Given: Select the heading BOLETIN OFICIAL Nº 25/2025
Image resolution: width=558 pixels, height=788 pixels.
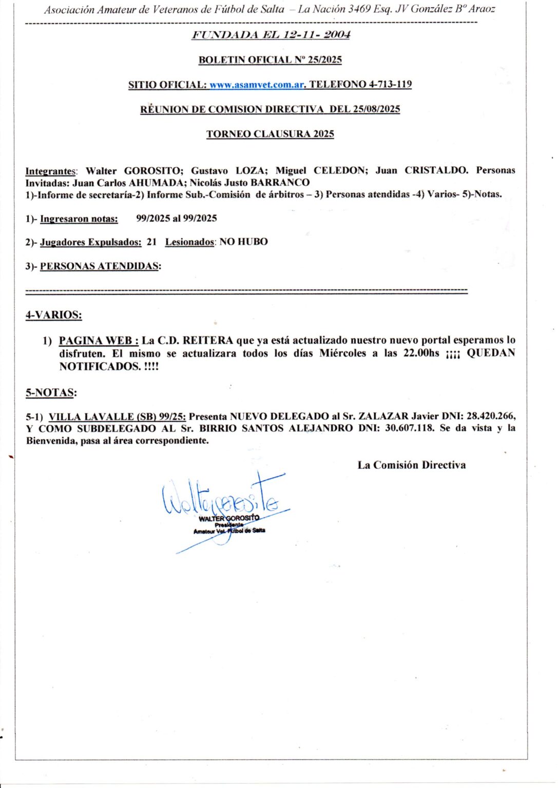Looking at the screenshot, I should pos(270,60).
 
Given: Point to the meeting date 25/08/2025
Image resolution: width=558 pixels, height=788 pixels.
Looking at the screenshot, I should pos(376,109).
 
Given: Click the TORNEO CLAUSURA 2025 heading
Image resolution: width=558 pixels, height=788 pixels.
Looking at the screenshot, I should pos(270,134).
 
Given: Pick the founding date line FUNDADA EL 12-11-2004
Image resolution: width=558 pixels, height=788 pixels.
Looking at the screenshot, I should pos(271,35).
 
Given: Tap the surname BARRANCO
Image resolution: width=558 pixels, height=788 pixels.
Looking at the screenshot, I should pos(280,183).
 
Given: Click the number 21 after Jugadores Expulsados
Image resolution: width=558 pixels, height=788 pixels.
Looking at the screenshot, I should pos(151,242).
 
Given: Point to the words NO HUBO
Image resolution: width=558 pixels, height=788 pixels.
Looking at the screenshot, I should pos(244,242).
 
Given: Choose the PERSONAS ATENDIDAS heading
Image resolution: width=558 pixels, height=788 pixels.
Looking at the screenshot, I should pos(100,266).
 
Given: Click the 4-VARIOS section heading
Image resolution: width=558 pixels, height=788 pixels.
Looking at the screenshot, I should pos(54,315).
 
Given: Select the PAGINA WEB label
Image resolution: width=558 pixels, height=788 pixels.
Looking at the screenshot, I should pos(98,340).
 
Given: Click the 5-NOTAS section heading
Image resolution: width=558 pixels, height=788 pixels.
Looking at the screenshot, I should pos(51,392).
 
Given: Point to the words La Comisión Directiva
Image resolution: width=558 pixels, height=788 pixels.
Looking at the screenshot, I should pos(412,465).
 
